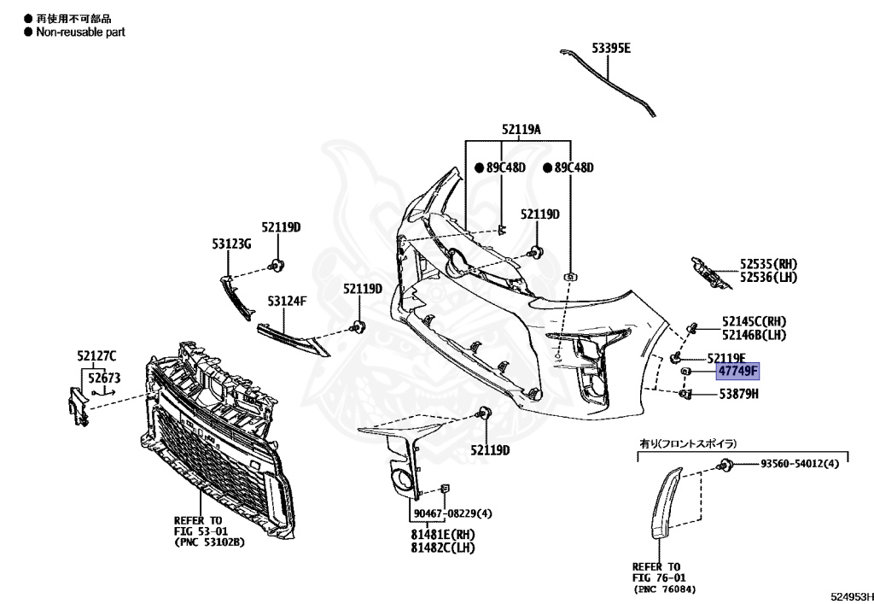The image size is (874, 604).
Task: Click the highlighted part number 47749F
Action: [737, 372]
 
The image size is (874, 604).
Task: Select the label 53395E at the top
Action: [612, 48]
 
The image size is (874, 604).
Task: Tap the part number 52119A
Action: [521, 130]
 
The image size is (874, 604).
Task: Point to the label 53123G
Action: [232, 244]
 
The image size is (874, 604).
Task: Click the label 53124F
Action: [287, 301]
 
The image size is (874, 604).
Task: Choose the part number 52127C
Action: [96, 355]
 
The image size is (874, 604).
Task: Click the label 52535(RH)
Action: [762, 265]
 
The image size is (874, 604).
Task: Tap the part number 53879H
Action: [738, 394]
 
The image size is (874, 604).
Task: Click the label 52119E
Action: [726, 357]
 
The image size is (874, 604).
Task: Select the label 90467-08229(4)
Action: [453, 513]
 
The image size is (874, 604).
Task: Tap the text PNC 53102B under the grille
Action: [209, 542]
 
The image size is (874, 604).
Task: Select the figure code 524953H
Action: [849, 595]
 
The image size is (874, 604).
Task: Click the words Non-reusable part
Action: [80, 32]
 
